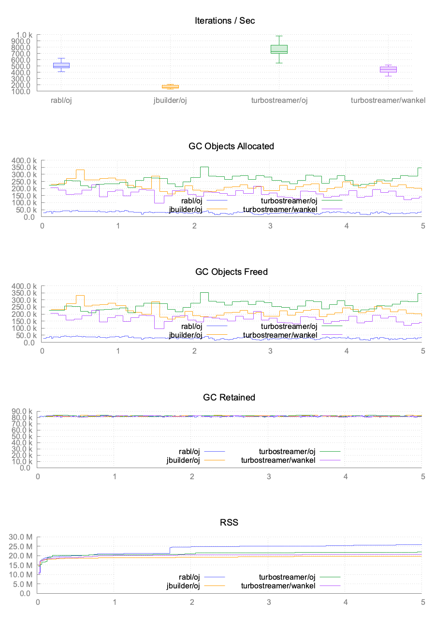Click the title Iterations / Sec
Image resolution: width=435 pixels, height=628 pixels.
tap(225, 20)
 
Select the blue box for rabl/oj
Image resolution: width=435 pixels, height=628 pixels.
tap(61, 65)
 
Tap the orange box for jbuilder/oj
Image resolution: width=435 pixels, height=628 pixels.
tap(170, 87)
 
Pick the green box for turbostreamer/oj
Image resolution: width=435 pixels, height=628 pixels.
tap(279, 49)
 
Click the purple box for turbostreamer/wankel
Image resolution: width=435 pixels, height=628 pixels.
tap(388, 70)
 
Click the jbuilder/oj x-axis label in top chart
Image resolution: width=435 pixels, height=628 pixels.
tap(170, 100)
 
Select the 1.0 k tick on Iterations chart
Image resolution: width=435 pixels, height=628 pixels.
tap(23, 35)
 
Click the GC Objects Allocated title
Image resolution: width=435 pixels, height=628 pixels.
tap(225, 146)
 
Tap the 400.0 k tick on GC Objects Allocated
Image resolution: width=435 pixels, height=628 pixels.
tap(22, 160)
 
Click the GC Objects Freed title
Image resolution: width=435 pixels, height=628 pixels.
tap(225, 271)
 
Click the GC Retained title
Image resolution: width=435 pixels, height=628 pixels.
tap(225, 397)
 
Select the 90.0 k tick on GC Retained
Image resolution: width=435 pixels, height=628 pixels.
tap(21, 412)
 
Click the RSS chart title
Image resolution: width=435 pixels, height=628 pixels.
tap(225, 523)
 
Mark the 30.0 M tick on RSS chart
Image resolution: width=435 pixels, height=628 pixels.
tap(21, 537)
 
